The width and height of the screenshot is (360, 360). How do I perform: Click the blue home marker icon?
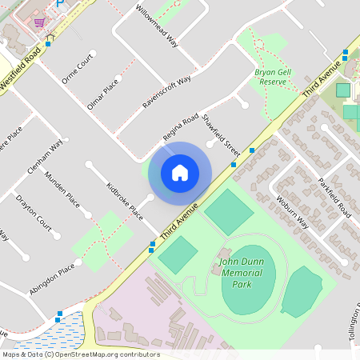[180, 173]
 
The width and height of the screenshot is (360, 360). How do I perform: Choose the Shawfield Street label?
[221, 135]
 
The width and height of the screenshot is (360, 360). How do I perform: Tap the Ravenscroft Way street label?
[167, 92]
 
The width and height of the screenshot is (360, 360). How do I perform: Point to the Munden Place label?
[62, 188]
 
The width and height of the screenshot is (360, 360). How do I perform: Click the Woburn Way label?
[292, 212]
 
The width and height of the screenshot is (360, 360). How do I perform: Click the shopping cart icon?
[38, 21]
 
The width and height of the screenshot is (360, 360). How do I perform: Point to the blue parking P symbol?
[59, 4]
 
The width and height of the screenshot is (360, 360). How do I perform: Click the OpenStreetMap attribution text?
[80, 354]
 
